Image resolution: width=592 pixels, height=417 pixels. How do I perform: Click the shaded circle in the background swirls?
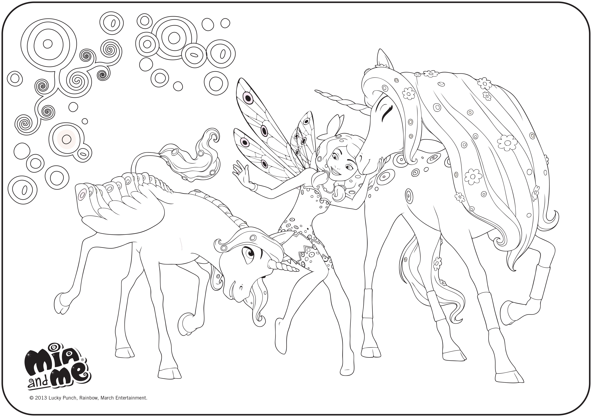point(67,139)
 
